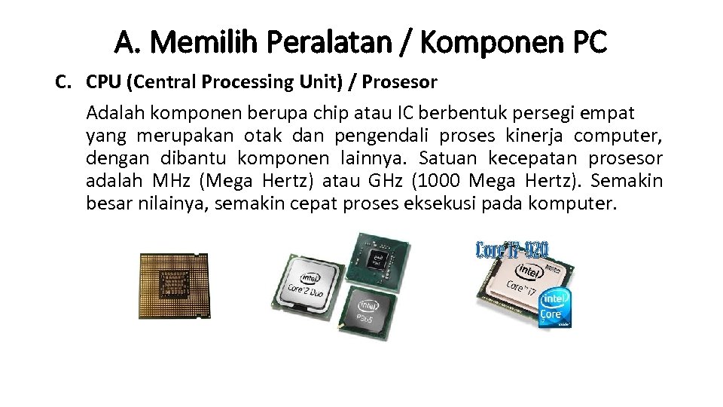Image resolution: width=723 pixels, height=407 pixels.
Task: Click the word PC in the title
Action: click(587, 43)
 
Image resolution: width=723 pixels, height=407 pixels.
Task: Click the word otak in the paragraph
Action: click(263, 136)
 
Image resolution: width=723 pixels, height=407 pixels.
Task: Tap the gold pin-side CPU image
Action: click(174, 286)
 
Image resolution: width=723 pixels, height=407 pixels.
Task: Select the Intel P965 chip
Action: click(366, 314)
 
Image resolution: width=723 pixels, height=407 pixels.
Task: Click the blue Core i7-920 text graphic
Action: click(512, 250)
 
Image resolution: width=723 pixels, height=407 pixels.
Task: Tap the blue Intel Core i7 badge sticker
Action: click(554, 308)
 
